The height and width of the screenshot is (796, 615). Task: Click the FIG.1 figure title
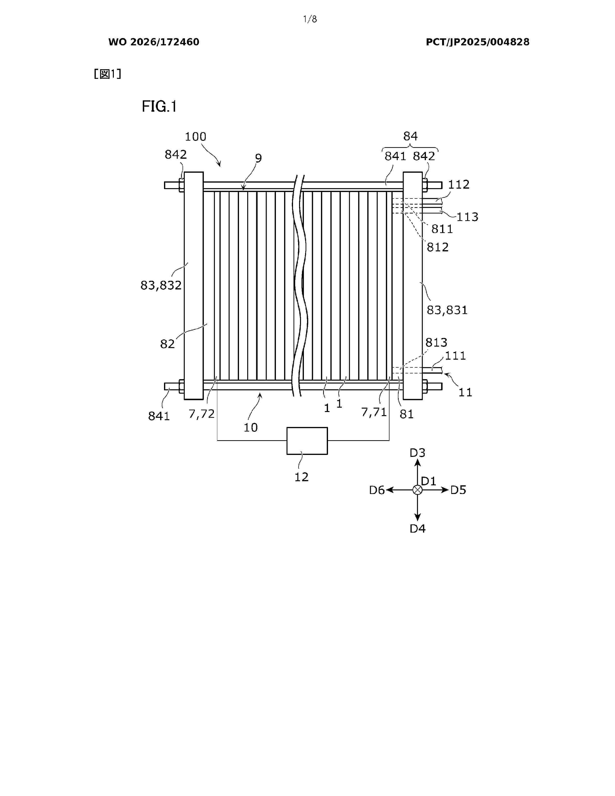click(159, 106)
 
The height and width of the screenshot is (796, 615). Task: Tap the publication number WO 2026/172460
click(154, 42)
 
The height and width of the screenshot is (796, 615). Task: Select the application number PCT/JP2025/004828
click(478, 42)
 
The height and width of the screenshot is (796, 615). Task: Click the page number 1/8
click(310, 19)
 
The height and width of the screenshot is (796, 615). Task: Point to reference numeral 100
click(196, 137)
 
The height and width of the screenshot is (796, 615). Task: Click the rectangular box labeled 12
click(307, 441)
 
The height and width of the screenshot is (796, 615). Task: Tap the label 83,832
click(161, 285)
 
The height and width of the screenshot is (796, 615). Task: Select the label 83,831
click(447, 310)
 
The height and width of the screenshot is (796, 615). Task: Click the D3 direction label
click(417, 453)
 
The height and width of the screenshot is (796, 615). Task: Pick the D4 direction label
click(417, 528)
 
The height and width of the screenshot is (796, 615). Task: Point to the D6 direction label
click(377, 490)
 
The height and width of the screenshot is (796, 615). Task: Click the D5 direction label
click(458, 490)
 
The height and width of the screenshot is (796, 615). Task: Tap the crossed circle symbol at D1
click(417, 490)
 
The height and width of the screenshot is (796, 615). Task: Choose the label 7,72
click(201, 414)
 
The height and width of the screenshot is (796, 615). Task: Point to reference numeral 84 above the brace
click(410, 136)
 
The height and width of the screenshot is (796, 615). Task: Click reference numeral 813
click(437, 343)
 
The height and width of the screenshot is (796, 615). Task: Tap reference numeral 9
click(258, 158)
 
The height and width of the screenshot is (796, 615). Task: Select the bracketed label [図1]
click(108, 74)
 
